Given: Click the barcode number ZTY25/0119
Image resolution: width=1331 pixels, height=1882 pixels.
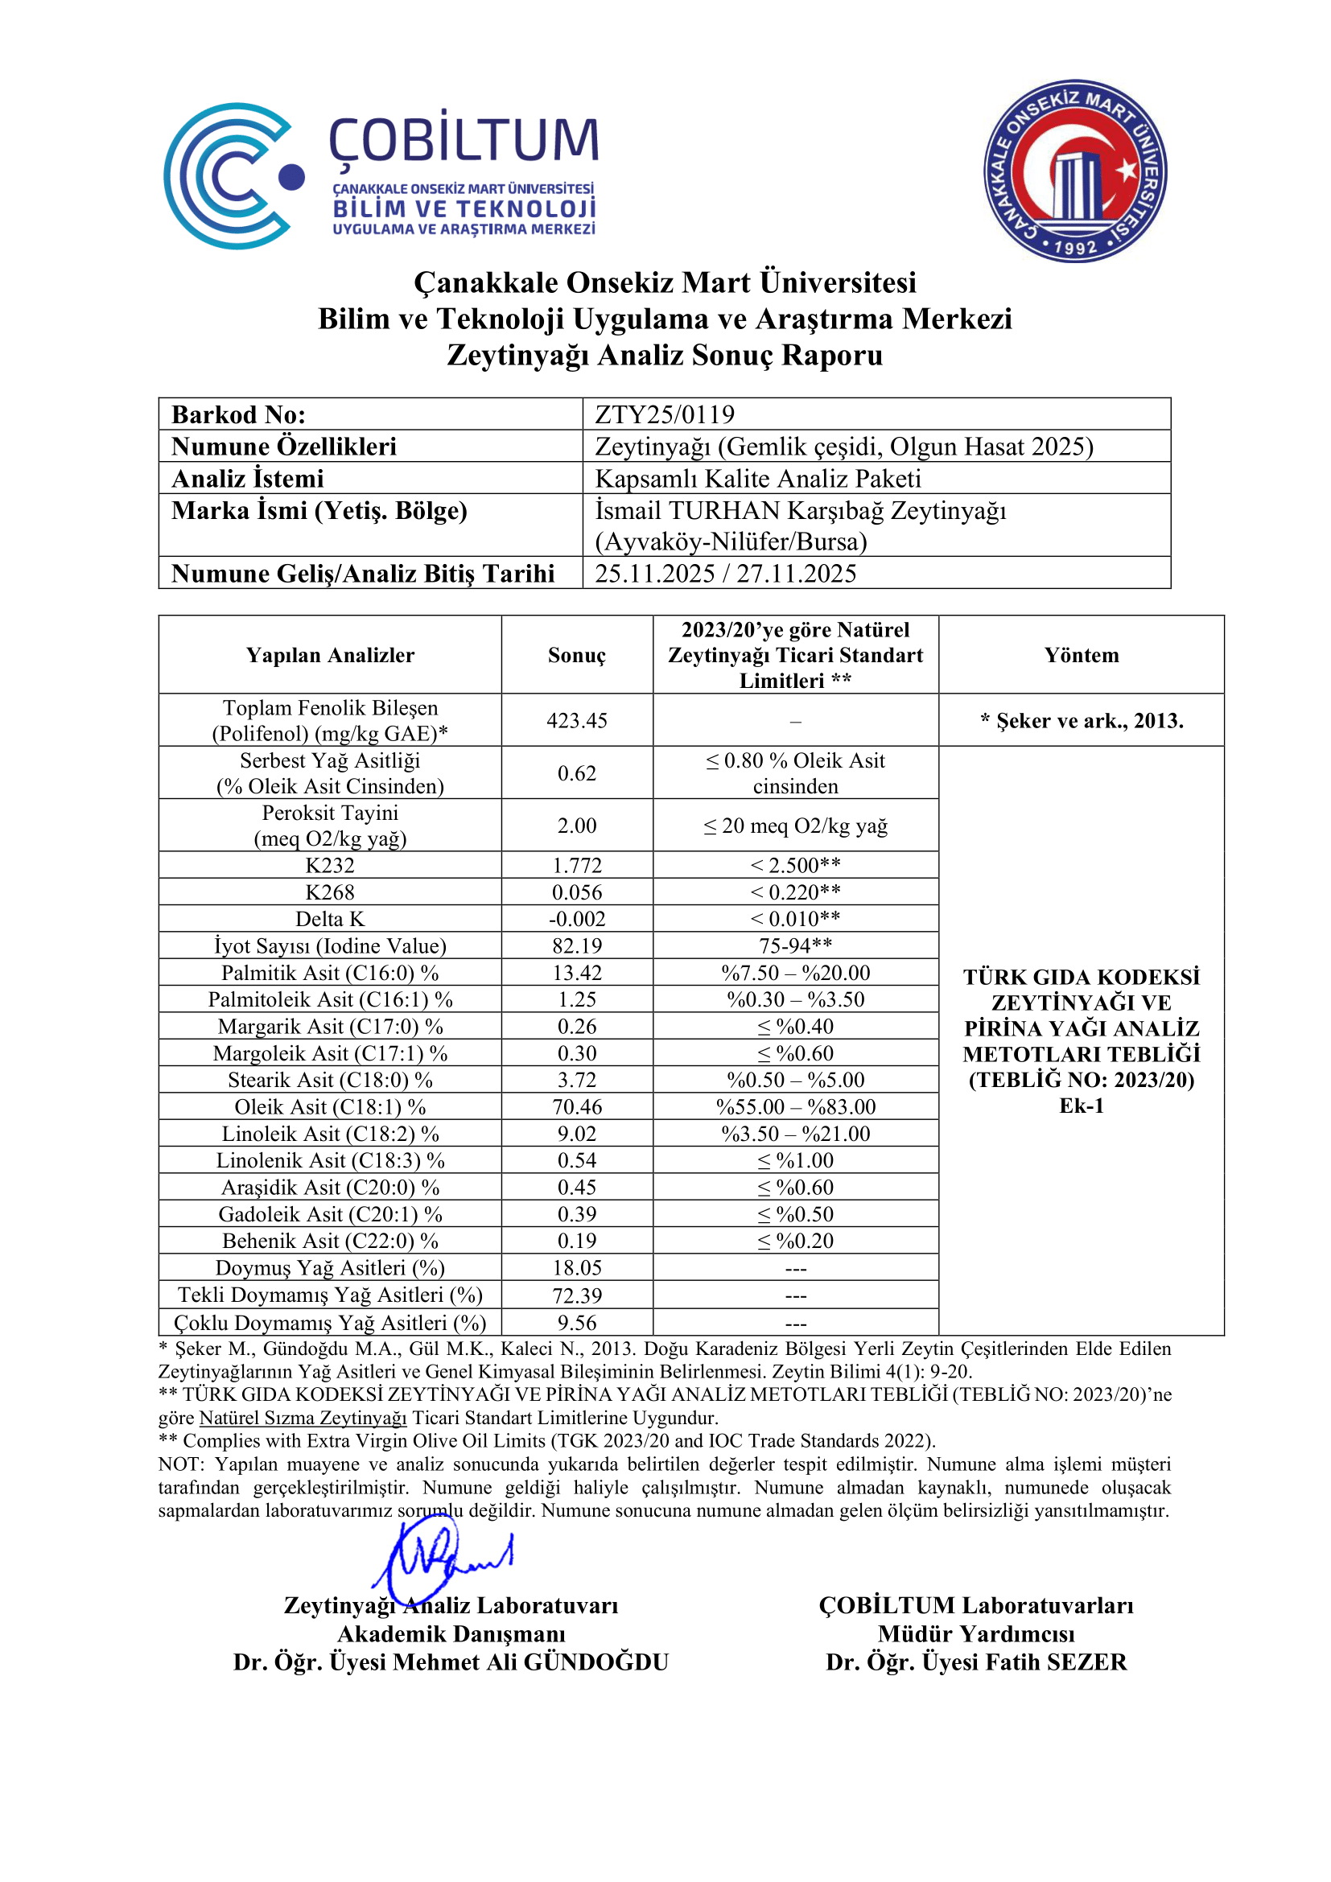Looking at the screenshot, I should coord(664,414).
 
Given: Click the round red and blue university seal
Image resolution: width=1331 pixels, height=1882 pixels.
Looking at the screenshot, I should coord(1075,171).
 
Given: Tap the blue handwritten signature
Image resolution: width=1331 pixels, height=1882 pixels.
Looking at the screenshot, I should coord(443,1558).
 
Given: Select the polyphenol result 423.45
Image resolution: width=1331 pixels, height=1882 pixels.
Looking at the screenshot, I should coord(577,720).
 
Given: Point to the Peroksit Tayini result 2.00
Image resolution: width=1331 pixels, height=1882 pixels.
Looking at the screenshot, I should coord(577,826).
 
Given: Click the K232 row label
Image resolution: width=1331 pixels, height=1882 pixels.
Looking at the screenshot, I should coord(329,866).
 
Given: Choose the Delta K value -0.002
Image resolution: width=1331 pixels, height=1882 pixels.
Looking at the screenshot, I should coord(577,919).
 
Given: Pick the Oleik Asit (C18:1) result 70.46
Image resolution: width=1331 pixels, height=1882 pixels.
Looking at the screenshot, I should coord(577,1106).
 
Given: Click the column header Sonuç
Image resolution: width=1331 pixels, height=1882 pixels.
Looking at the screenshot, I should coord(577,655).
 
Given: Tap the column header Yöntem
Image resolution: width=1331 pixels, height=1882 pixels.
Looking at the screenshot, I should coord(1081,655).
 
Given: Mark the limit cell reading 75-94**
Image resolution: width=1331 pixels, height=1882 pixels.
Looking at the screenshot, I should coord(795,946).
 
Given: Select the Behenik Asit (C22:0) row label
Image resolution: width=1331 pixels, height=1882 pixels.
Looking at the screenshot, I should coord(329,1241).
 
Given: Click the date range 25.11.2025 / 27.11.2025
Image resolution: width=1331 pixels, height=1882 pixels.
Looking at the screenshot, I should coord(725,574).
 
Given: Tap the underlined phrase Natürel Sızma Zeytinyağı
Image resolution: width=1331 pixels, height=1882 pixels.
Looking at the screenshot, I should coord(303,1418).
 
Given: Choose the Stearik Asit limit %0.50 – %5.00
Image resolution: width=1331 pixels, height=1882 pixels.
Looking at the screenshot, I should coord(795,1081).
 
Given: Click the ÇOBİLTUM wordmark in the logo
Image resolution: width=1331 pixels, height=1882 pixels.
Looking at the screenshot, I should coord(464,139).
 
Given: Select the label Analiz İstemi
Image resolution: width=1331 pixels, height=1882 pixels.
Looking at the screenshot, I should coord(248,479).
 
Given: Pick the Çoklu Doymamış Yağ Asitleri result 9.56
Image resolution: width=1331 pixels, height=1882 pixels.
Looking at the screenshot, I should coord(577,1323).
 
